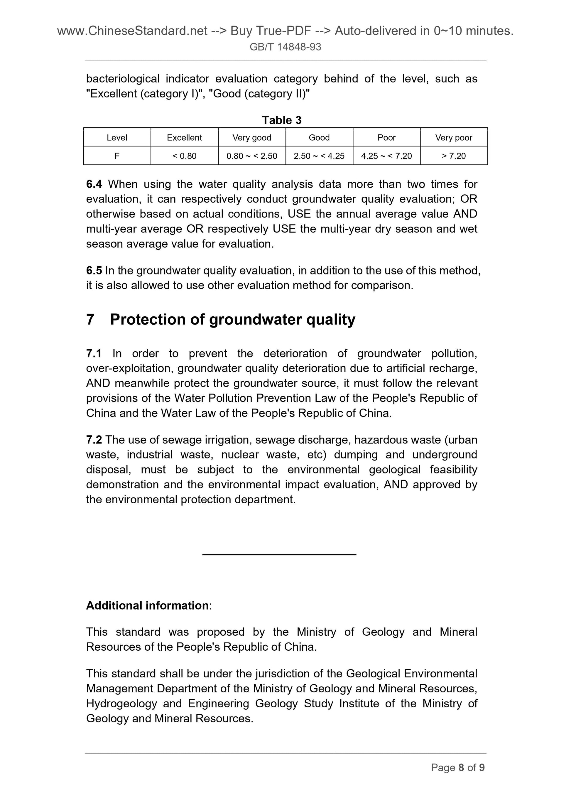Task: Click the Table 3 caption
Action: click(x=281, y=120)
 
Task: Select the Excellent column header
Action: click(x=184, y=138)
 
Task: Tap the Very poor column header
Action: click(x=454, y=138)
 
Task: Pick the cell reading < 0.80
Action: click(x=184, y=156)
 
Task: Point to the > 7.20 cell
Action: click(x=454, y=156)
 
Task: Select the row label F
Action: click(x=117, y=156)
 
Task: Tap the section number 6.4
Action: click(x=94, y=184)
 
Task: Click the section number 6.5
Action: click(x=94, y=271)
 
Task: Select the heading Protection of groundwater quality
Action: click(x=233, y=320)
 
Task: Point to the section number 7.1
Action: click(x=94, y=353)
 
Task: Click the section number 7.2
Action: click(x=94, y=440)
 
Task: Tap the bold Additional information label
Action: click(x=147, y=605)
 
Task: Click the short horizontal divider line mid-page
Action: click(x=279, y=555)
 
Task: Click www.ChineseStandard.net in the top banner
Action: click(x=132, y=31)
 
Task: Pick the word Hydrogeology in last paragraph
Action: click(x=121, y=704)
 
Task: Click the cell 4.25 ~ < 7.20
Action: click(x=386, y=156)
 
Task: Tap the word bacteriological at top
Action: click(x=122, y=78)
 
